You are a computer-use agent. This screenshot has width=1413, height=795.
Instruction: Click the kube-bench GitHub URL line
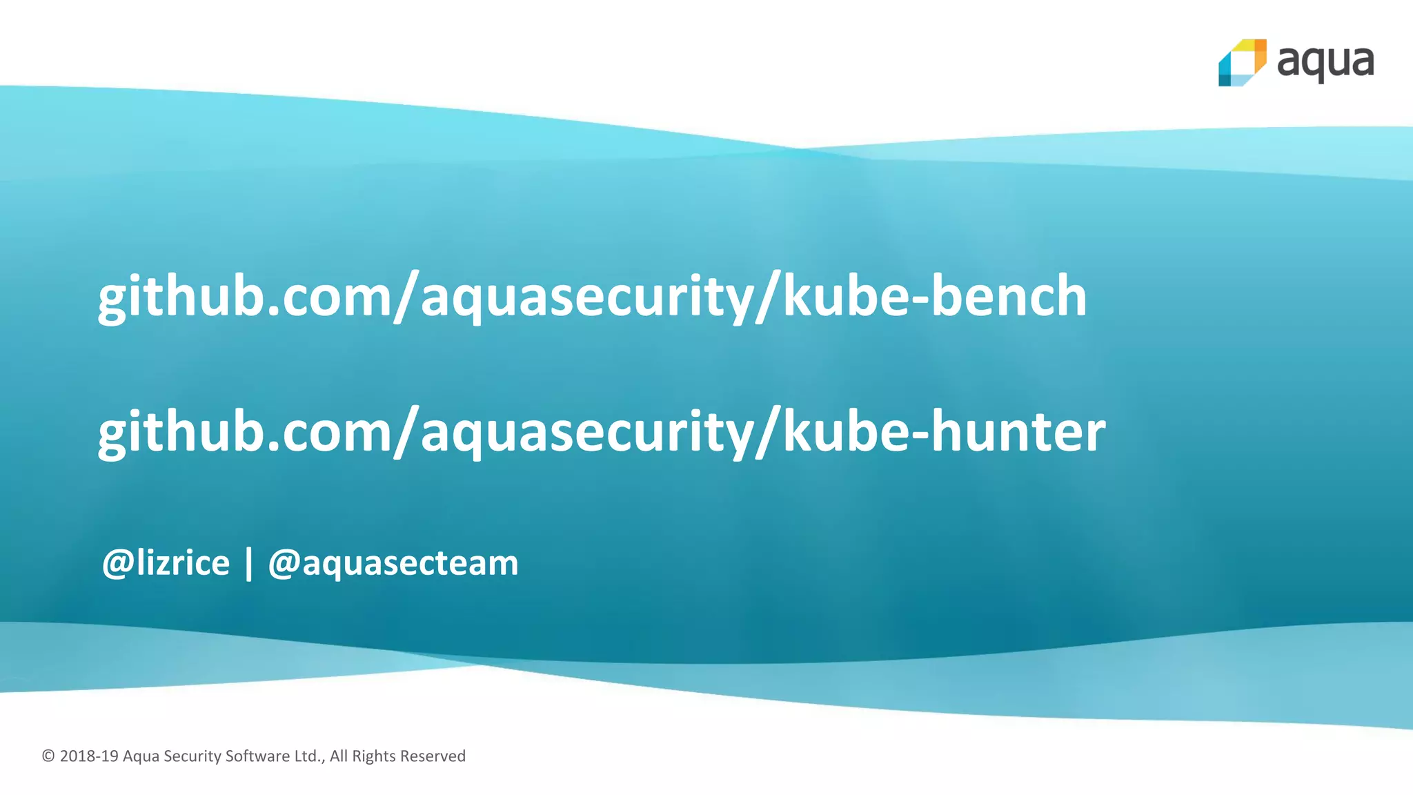(x=592, y=297)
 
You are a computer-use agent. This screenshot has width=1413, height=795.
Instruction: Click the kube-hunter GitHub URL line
(x=602, y=432)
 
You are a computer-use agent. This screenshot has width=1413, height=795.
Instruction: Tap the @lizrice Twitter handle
(x=166, y=563)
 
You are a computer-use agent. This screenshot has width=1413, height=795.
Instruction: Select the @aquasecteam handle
(x=393, y=563)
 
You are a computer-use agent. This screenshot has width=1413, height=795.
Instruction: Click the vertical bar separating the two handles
(x=249, y=564)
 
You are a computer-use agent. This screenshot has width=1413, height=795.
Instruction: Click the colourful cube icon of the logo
(x=1242, y=63)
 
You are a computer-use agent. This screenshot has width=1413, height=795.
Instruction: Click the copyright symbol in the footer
(x=48, y=756)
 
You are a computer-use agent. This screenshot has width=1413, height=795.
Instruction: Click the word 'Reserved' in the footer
(x=433, y=756)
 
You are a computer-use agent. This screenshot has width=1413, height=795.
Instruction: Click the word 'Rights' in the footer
(x=373, y=756)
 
